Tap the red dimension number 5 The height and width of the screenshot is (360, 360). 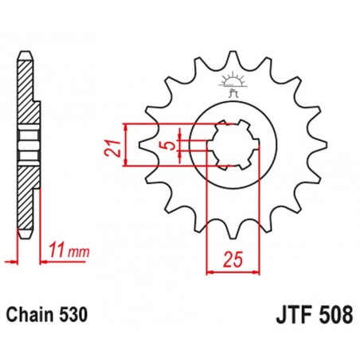click(166, 146)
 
